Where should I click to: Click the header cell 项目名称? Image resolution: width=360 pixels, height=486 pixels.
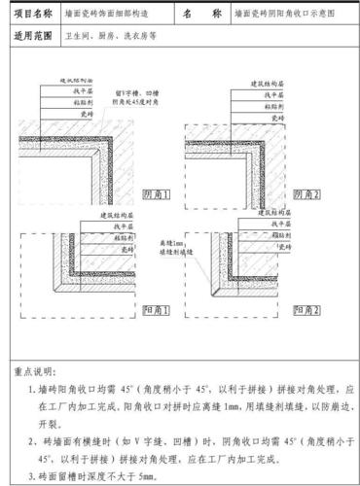(34, 17)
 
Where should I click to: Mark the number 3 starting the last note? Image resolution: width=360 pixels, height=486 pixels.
(30, 478)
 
